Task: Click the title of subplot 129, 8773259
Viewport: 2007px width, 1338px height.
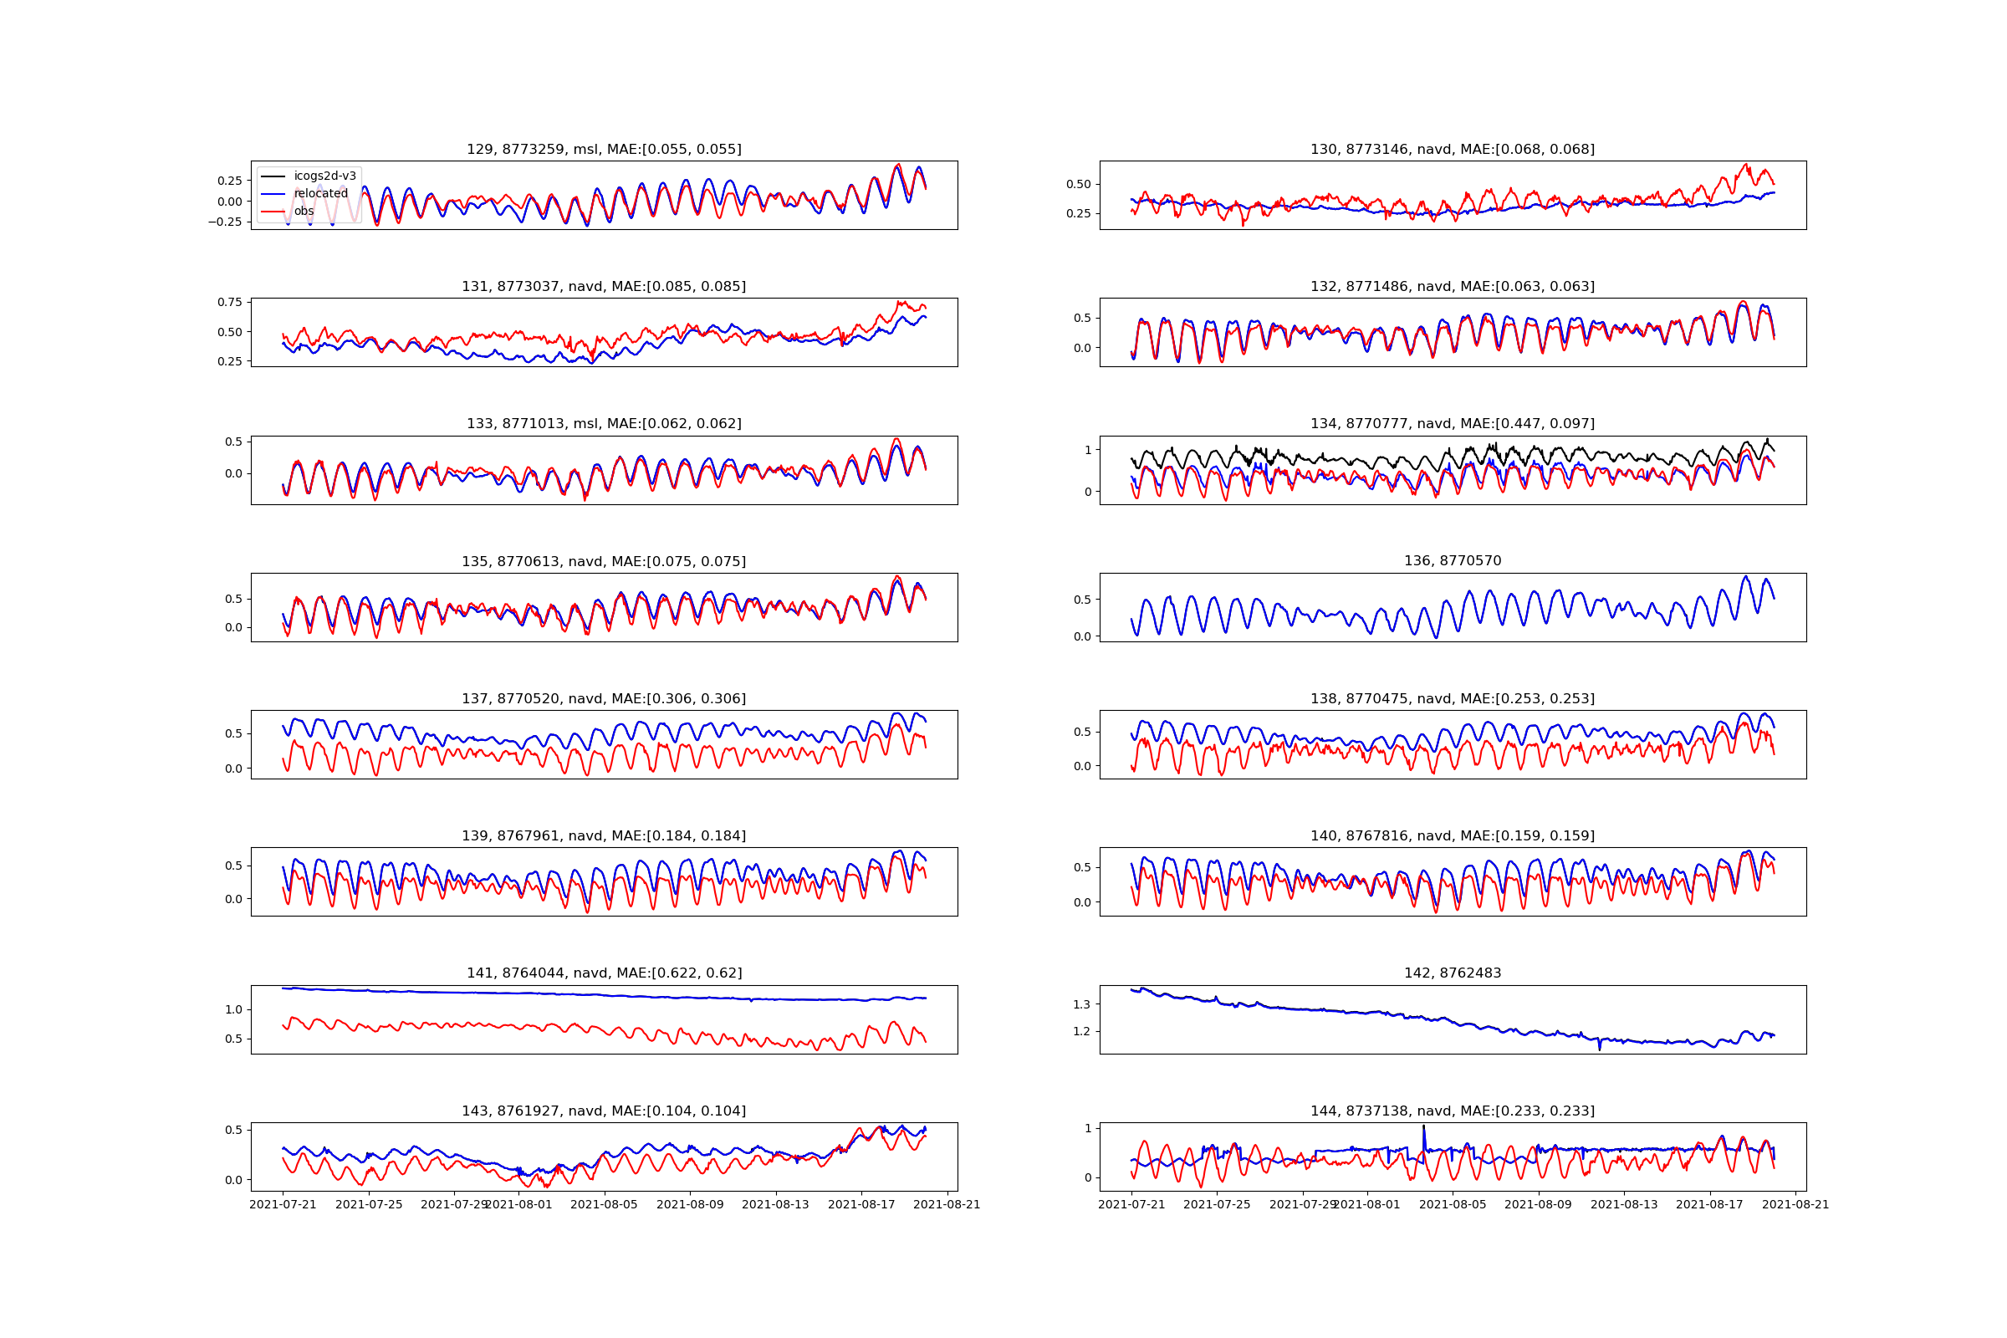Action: point(603,150)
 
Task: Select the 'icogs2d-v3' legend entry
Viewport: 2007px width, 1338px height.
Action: point(324,176)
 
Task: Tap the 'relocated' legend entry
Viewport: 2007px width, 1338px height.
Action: point(321,194)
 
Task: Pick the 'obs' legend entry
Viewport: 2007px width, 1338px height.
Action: point(304,212)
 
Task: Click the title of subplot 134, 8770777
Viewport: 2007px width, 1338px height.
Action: point(1453,424)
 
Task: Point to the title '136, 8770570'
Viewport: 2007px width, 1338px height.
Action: point(1453,561)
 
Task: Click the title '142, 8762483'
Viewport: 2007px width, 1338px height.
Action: point(1453,973)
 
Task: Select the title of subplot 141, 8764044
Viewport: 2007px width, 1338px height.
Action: point(603,973)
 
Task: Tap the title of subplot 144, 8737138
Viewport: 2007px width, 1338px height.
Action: point(1453,1111)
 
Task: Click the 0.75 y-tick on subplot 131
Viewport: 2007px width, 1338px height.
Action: point(229,302)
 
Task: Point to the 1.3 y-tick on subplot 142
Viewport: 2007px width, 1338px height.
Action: point(1081,1004)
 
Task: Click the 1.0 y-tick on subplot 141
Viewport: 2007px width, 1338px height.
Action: point(233,1009)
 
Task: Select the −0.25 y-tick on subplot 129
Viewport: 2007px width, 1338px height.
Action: point(224,222)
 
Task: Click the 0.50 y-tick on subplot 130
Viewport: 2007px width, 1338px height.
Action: point(1078,184)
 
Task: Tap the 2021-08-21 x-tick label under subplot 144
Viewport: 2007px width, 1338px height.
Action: point(1795,1205)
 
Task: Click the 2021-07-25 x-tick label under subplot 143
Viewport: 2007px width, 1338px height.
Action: point(369,1205)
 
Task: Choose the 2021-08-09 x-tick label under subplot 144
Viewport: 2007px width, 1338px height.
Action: point(1538,1205)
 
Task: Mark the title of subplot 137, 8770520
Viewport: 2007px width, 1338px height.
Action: point(603,699)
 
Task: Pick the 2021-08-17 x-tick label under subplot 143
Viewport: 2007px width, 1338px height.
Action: point(861,1205)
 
